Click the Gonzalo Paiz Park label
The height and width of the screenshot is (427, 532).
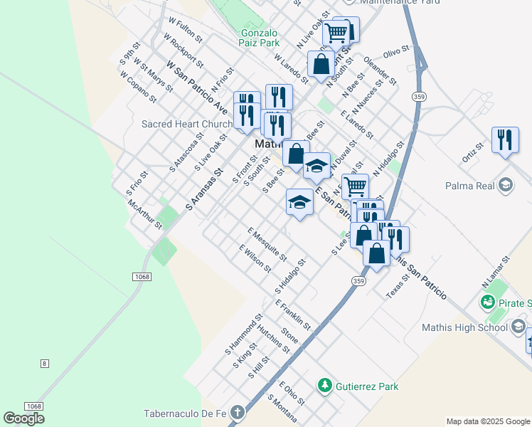[x=260, y=38]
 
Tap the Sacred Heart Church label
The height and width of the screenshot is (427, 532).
[x=187, y=124]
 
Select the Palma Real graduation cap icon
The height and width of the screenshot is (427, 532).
[x=506, y=186]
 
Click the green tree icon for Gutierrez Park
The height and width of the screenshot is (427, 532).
[x=325, y=386]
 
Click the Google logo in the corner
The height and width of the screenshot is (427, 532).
[x=23, y=418]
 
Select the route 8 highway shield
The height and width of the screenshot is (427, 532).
[x=45, y=364]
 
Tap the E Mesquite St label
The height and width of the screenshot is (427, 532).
[x=267, y=244]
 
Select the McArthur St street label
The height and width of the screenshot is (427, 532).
[x=145, y=213]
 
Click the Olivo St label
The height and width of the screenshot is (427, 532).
[x=397, y=53]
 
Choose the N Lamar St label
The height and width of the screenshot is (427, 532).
[x=496, y=273]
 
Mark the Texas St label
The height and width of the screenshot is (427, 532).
[x=398, y=288]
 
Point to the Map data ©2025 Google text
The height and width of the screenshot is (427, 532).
[x=487, y=421]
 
